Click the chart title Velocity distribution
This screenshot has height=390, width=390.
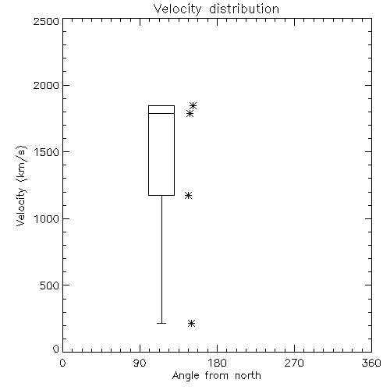click(x=216, y=9)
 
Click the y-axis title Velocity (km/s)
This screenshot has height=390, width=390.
click(x=21, y=186)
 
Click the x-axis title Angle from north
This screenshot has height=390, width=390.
click(x=216, y=376)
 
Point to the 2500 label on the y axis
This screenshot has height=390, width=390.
click(x=46, y=21)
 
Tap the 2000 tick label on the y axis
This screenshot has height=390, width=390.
click(x=46, y=85)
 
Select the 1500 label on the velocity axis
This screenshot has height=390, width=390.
click(x=47, y=152)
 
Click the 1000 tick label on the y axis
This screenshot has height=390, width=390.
click(x=47, y=219)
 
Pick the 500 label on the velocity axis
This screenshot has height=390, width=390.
click(x=49, y=285)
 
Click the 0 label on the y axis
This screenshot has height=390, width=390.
click(x=56, y=349)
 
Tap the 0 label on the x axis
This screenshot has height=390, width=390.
click(x=62, y=363)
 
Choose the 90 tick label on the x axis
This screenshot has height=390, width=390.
click(x=140, y=363)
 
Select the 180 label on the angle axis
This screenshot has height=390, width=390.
click(x=217, y=363)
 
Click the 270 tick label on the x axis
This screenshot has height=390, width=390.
click(x=294, y=363)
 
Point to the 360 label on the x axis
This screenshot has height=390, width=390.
click(x=371, y=363)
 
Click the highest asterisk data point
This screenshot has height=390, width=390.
click(x=193, y=105)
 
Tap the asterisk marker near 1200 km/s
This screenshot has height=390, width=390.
click(x=188, y=195)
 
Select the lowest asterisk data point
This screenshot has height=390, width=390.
click(x=191, y=323)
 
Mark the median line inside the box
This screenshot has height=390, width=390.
click(x=161, y=113)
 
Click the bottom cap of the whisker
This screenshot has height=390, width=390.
click(x=161, y=323)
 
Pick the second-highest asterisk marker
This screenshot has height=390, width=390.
click(x=190, y=113)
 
